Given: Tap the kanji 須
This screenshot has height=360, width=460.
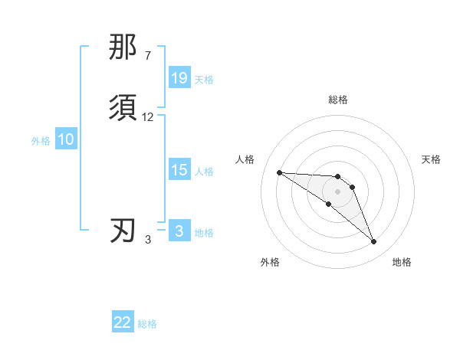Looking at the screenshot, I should click(123, 107).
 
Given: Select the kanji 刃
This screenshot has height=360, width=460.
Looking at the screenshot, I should click(123, 231).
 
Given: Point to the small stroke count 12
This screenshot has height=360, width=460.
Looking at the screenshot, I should click(148, 117).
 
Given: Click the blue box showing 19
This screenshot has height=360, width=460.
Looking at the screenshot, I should click(179, 78).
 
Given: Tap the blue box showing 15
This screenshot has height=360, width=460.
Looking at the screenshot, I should click(179, 170).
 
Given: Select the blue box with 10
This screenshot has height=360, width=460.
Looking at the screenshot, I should click(66, 139).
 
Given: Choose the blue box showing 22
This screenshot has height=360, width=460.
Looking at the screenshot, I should click(123, 322).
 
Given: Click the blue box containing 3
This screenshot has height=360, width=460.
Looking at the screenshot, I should click(179, 231).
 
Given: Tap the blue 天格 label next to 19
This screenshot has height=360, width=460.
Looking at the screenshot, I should click(204, 79).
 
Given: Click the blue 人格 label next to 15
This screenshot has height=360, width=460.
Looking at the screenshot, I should click(204, 171).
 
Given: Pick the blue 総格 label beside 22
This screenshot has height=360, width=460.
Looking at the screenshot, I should click(147, 324).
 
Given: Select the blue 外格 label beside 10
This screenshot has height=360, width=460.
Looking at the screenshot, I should click(41, 140).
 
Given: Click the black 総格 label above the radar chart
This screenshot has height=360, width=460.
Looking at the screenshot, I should click(338, 100).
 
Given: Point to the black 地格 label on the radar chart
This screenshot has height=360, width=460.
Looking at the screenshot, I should click(402, 262).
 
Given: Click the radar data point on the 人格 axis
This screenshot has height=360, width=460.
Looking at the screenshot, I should click(279, 172).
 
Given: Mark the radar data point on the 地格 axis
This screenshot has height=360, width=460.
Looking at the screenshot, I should click(374, 242).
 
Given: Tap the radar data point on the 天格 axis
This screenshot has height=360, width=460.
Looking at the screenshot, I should click(353, 187).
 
